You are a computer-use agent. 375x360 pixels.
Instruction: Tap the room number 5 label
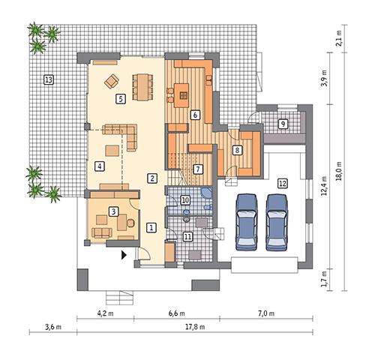120,97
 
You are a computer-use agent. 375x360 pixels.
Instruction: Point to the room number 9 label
283,124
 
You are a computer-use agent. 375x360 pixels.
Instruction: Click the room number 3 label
113,211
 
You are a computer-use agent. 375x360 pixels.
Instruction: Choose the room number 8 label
238,150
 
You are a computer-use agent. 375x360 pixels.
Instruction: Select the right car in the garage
276,221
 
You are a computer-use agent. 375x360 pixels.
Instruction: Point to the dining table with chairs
140,85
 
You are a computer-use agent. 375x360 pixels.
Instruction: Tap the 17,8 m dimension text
197,327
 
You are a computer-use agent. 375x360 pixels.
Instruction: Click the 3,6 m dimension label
51,327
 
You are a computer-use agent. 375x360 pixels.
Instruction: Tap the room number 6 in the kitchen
194,115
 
